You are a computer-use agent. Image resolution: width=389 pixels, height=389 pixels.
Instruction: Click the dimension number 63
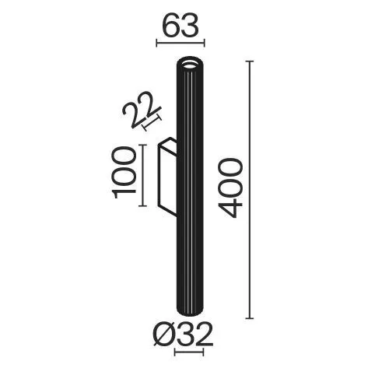coord(180,26)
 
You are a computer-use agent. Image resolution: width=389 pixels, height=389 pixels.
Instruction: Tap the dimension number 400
coord(230,188)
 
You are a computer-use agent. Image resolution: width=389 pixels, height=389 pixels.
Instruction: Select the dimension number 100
coord(124,173)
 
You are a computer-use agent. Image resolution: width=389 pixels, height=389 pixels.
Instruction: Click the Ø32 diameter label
coord(183,335)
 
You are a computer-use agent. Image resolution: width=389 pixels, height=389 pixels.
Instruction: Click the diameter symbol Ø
coord(164,335)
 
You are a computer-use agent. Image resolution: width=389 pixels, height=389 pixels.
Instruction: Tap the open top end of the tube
coord(189,64)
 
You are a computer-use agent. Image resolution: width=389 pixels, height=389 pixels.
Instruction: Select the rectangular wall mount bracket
coord(167,177)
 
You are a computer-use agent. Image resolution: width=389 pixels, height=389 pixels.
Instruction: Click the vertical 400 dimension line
coord(250,190)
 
